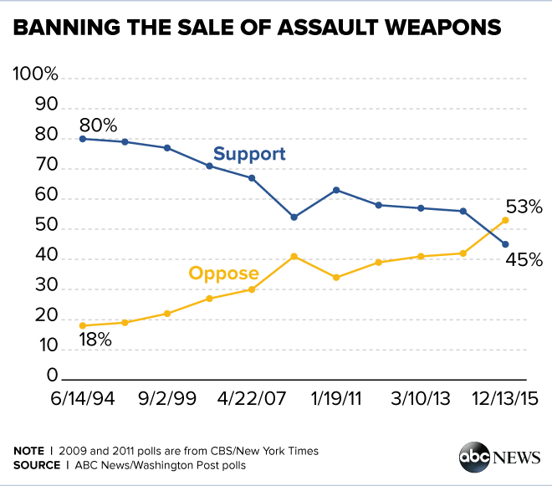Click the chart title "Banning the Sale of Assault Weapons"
pyautogui.click(x=257, y=28)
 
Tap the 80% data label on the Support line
pyautogui.click(x=98, y=125)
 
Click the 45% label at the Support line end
pyautogui.click(x=524, y=259)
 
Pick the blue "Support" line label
pyautogui.click(x=249, y=154)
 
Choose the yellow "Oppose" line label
pyautogui.click(x=223, y=273)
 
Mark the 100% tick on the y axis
pyautogui.click(x=36, y=75)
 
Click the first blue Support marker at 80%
pyautogui.click(x=82, y=138)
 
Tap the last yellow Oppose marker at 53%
pyautogui.click(x=504, y=220)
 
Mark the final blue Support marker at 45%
pyautogui.click(x=504, y=244)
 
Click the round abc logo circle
pyautogui.click(x=474, y=457)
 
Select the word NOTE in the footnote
pyautogui.click(x=29, y=451)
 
